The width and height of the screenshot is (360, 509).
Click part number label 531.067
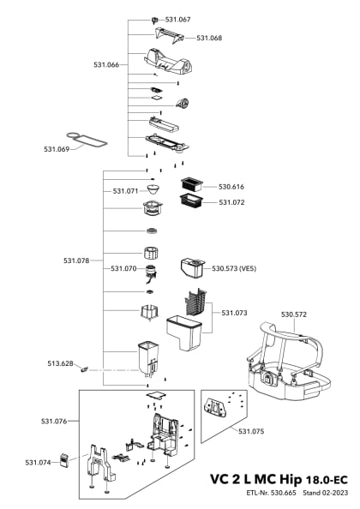point(178,19)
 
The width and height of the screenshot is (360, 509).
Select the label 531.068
point(209,38)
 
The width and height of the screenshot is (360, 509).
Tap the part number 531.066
point(106,64)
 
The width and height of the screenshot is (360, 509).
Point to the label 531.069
point(57,149)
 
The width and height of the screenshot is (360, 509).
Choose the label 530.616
point(231,186)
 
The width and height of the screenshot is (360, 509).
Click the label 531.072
point(231,202)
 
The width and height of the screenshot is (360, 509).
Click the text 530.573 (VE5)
point(234,268)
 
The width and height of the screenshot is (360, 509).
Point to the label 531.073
point(234,313)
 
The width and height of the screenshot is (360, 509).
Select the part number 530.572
point(293,314)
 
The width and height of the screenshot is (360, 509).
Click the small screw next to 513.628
point(86,370)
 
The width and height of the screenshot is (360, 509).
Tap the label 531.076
point(53,421)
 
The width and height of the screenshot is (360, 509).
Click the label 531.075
point(251,431)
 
